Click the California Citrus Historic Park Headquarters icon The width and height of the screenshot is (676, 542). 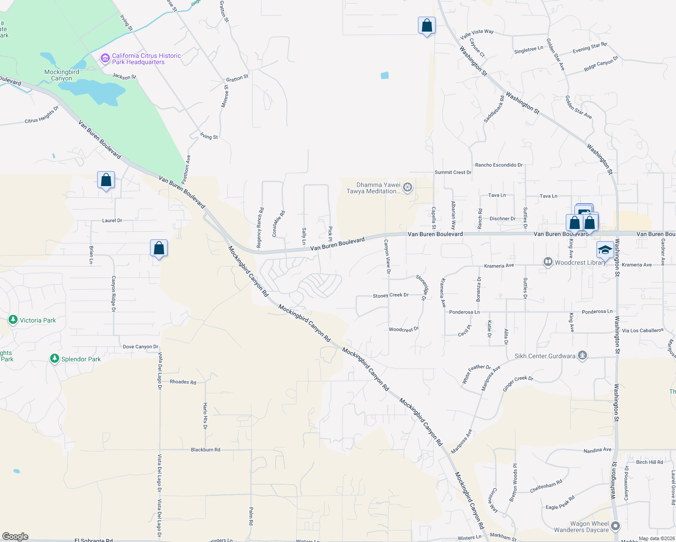click(x=105, y=58)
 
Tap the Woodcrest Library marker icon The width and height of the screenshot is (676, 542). click(x=548, y=262)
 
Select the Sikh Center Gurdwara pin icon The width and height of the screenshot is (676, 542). click(x=582, y=356)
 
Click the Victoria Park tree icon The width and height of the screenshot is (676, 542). click(x=13, y=320)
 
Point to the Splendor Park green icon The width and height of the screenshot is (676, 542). click(x=55, y=359)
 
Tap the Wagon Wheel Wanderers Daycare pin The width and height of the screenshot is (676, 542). click(x=615, y=526)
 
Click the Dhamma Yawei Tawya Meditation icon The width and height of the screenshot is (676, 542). click(x=408, y=187)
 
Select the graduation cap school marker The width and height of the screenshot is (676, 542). click(x=605, y=250)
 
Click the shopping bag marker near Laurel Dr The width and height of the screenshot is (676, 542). click(x=106, y=180)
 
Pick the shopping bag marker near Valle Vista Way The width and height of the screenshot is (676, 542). click(x=427, y=26)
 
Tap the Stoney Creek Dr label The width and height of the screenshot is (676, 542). click(x=390, y=295)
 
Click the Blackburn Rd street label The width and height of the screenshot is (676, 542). click(x=206, y=450)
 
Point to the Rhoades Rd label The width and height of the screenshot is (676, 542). click(x=183, y=382)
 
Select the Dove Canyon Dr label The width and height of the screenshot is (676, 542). click(x=141, y=347)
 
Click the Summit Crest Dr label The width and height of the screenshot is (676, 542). click(x=453, y=173)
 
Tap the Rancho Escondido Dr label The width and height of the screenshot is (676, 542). click(x=498, y=165)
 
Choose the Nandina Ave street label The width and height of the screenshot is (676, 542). click(x=597, y=450)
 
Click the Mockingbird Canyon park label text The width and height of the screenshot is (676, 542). click(x=62, y=75)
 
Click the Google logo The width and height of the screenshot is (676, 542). click(x=15, y=537)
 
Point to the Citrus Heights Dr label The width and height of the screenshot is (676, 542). click(x=42, y=115)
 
